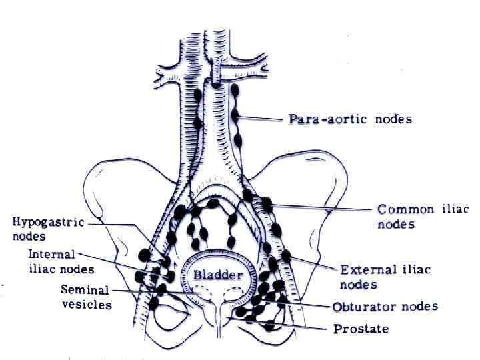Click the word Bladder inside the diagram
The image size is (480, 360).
[x=218, y=275]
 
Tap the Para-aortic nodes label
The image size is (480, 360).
[x=350, y=120]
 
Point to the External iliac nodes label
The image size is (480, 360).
[x=385, y=277]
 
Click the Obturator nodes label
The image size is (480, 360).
[x=385, y=307]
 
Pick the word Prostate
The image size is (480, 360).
[x=361, y=329]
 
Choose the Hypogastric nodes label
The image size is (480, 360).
[x=48, y=229]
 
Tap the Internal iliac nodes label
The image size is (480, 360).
[x=61, y=262]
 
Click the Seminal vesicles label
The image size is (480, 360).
[x=86, y=297]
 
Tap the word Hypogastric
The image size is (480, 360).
[x=48, y=223]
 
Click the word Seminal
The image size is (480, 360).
[x=86, y=290]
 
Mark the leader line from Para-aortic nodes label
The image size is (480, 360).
[x=263, y=120]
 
